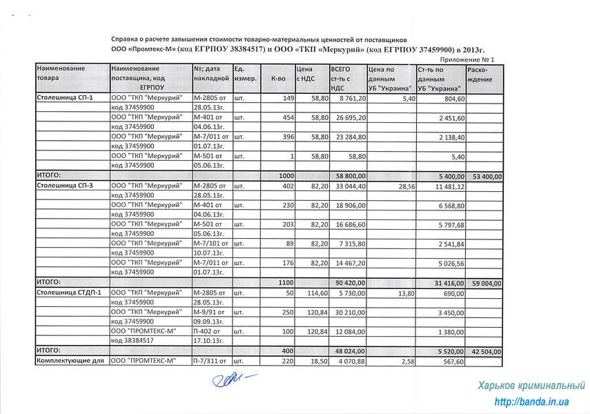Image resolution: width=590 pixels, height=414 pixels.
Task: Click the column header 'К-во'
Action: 278,79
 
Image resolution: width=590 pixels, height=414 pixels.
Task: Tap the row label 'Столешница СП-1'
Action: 63,99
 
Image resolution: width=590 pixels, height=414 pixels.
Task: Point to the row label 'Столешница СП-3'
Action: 63,186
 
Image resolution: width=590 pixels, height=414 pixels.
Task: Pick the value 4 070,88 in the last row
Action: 351,360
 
